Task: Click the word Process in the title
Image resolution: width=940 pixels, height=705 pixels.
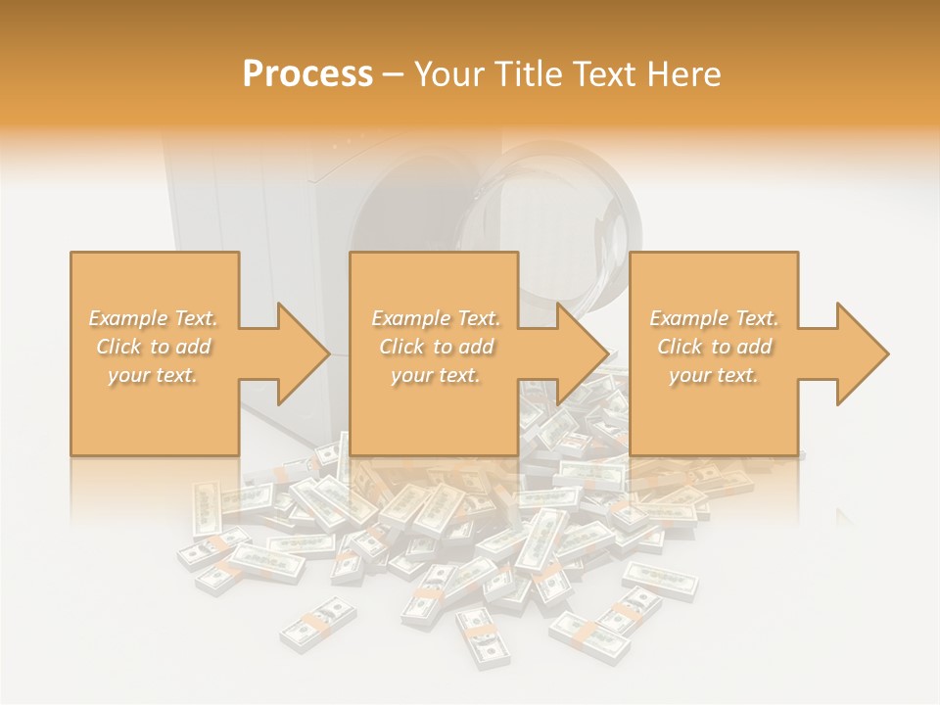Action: click(307, 74)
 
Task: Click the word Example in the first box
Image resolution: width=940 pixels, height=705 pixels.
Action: click(128, 318)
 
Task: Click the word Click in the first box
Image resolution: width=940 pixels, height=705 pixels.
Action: click(118, 347)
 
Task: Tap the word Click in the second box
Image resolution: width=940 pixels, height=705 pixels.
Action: click(401, 347)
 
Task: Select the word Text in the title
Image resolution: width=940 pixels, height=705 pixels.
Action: click(600, 74)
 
